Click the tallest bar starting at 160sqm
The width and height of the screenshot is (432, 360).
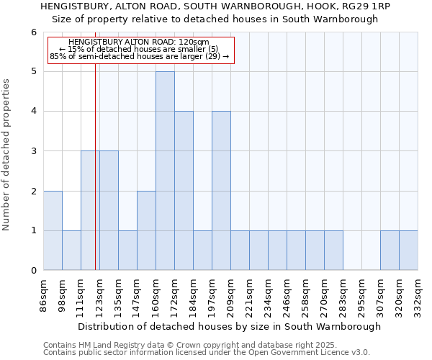[165, 171]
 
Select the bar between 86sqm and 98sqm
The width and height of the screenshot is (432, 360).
[53, 230]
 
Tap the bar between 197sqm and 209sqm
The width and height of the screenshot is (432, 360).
[221, 191]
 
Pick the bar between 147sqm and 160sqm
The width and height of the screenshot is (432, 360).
[146, 230]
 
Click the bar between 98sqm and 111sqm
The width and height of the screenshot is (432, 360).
[71, 251]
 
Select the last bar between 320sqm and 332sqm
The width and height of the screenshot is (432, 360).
[408, 251]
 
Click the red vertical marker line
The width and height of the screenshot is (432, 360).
[95, 180]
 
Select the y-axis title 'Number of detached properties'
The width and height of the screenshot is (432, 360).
[7, 155]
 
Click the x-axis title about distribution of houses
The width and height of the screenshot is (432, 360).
[229, 326]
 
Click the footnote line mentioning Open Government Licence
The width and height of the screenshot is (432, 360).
[207, 353]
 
